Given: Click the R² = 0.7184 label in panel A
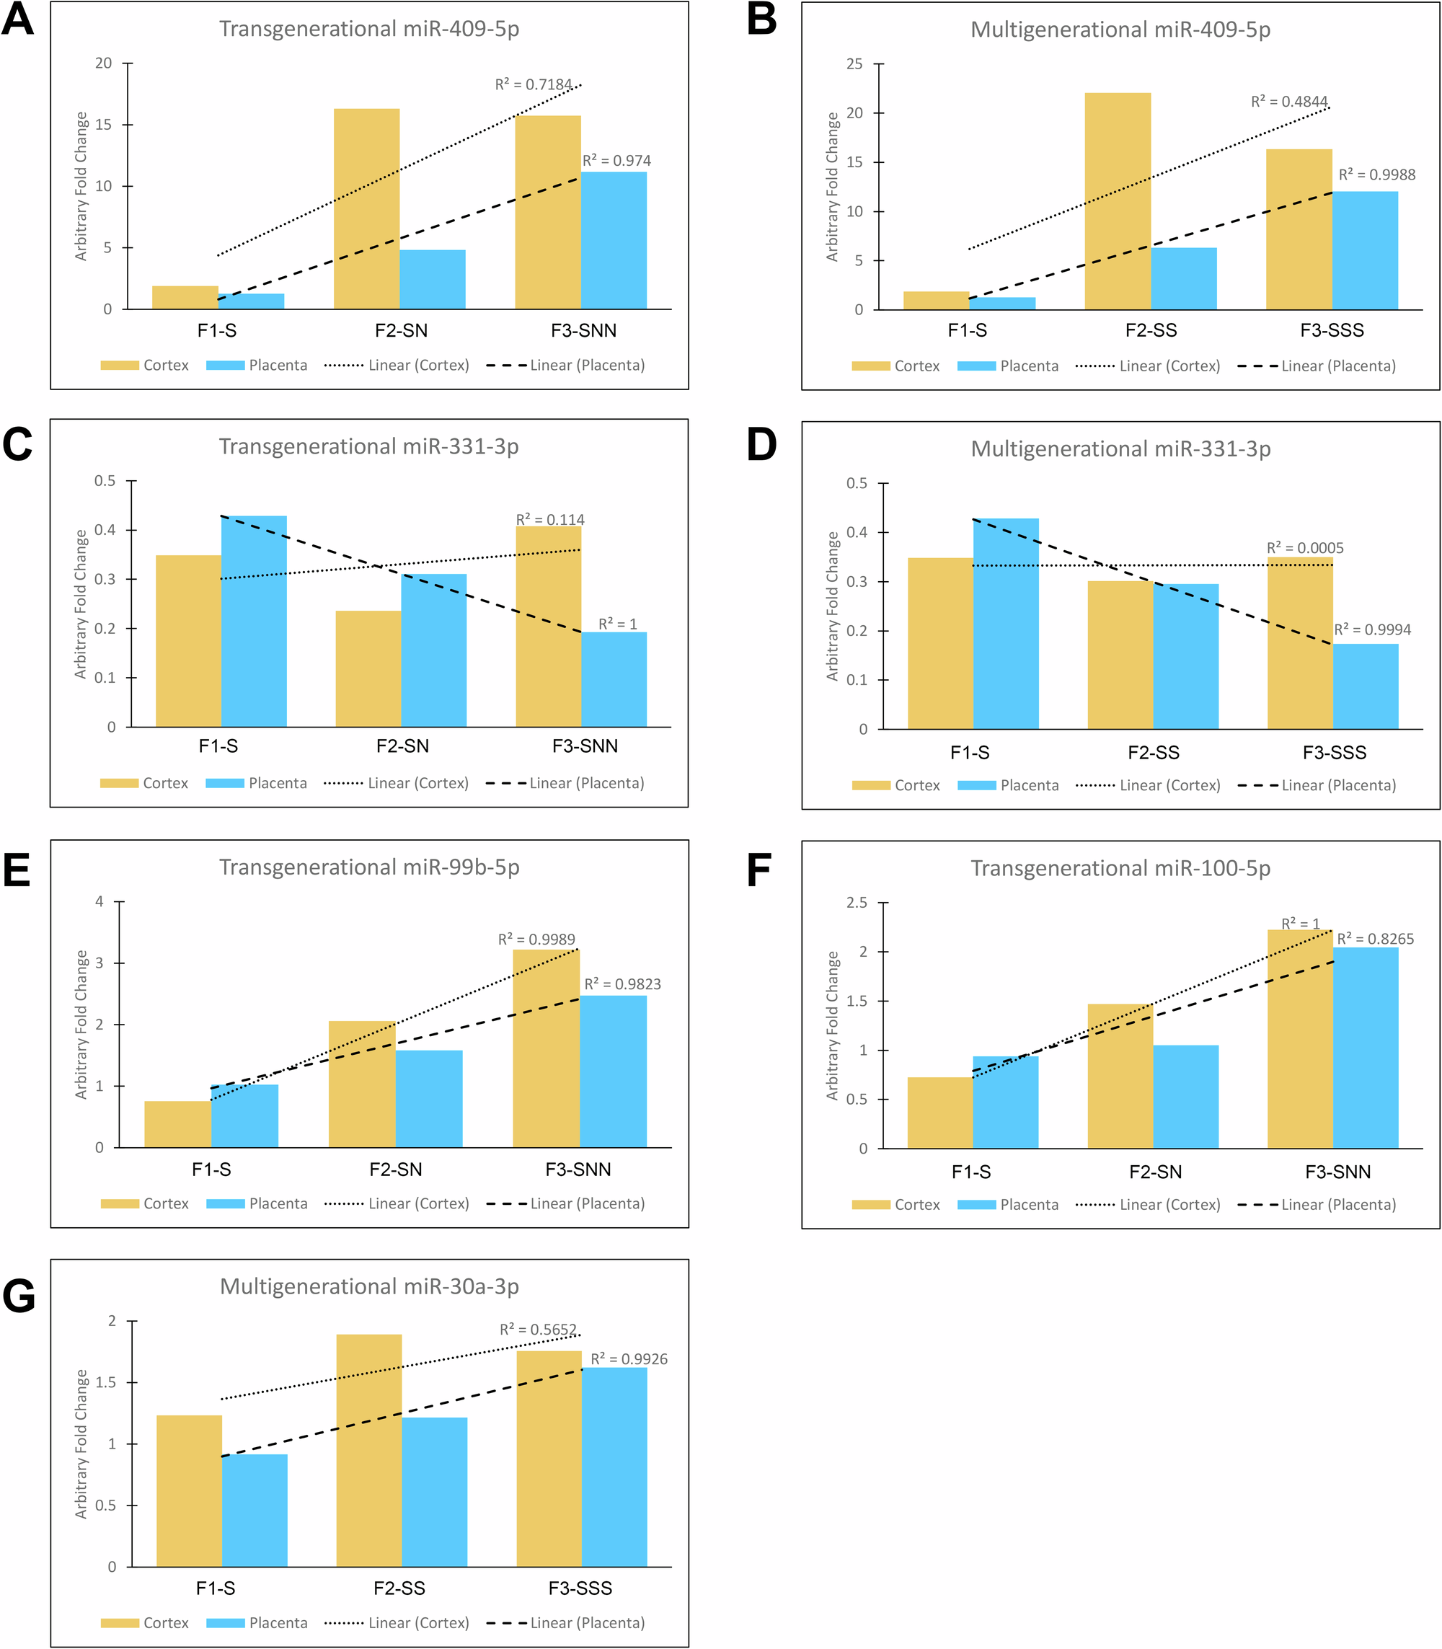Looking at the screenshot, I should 533,84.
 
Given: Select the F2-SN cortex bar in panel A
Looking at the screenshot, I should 366,208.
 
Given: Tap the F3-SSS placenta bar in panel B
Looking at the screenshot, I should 1365,250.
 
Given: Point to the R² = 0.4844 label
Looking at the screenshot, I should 1288,102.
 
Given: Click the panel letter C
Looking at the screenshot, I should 18,445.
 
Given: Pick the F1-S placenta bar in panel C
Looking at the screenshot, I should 254,621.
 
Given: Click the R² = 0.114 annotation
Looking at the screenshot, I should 549,520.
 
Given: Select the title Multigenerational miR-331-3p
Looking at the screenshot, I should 1120,449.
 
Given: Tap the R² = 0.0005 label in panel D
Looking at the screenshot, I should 1304,548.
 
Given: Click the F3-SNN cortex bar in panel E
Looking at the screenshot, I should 546,1048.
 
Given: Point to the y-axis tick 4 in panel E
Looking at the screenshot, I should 99,901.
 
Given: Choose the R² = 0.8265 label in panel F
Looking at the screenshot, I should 1374,938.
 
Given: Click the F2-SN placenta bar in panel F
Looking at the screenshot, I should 1185,1096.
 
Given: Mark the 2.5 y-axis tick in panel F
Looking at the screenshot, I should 857,903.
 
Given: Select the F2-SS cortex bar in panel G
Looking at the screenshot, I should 368,1449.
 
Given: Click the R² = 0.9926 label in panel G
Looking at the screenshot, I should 629,1359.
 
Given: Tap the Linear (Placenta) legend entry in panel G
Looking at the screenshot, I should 566,1622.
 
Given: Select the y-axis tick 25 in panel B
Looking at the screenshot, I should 854,64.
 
